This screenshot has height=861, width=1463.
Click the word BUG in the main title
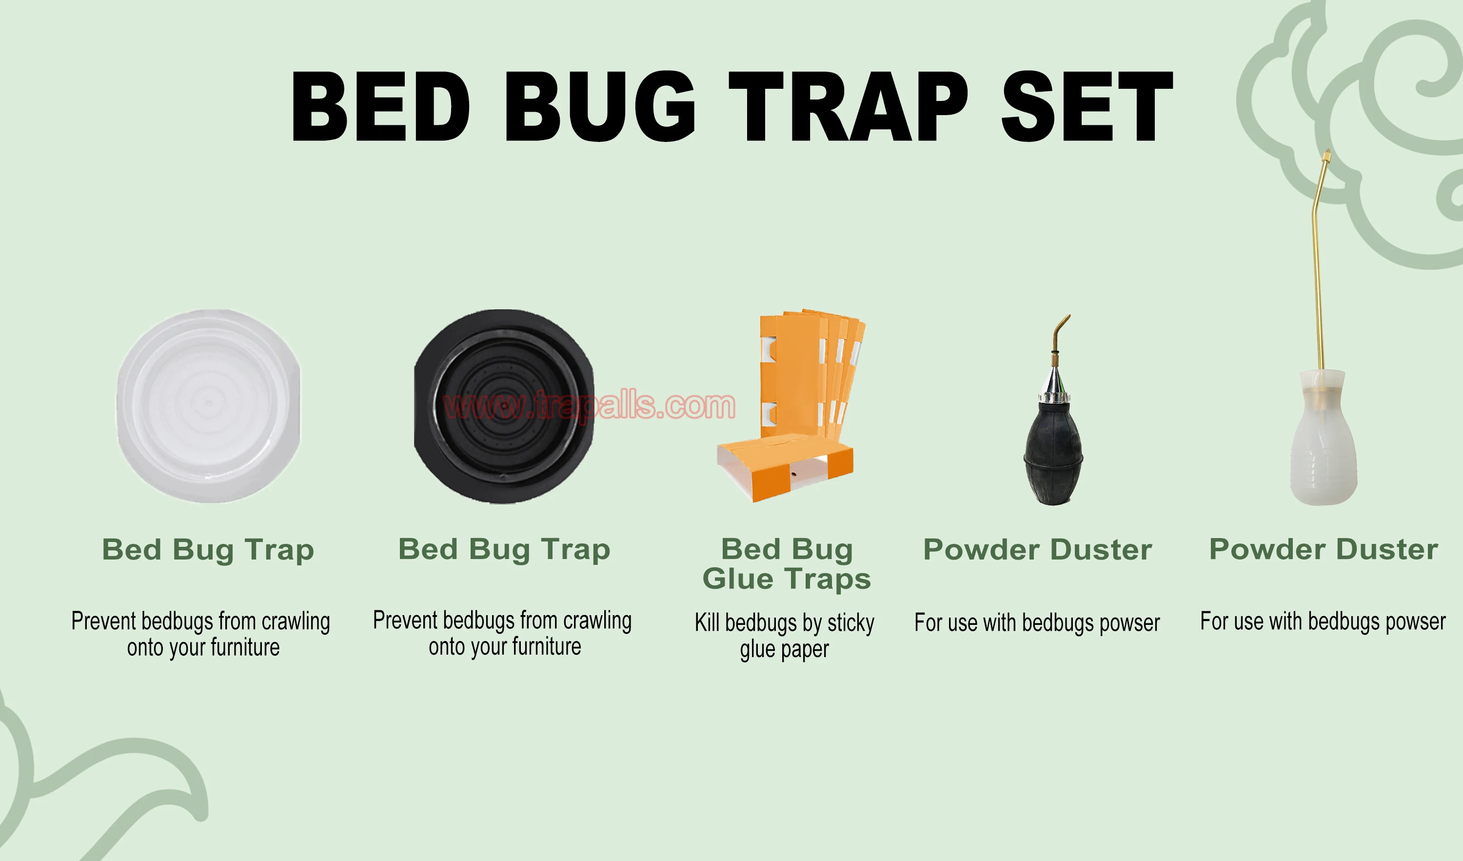[600, 106]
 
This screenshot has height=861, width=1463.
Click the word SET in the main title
[1086, 106]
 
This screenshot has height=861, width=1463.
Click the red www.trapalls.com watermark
[589, 405]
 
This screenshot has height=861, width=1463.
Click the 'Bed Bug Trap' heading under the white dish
[208, 549]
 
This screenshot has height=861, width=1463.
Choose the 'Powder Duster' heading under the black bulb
[1037, 549]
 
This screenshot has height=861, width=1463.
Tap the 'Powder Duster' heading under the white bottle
[1324, 549]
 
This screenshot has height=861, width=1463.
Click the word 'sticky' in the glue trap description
[850, 623]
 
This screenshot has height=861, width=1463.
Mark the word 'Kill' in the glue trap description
[707, 622]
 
